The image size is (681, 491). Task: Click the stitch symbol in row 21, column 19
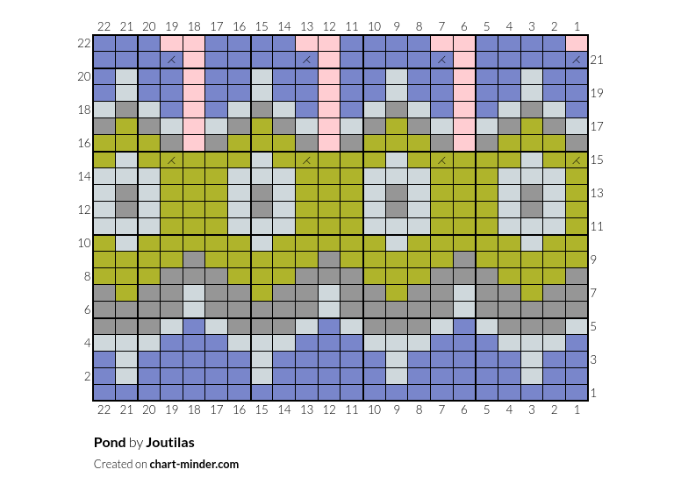tap(171, 60)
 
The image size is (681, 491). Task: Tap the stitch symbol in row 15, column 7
tap(441, 160)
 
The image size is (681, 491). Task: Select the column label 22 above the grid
tap(104, 26)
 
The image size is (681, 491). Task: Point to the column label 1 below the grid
tap(577, 409)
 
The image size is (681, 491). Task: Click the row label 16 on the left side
tap(84, 143)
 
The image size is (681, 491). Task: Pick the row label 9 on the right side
tap(593, 260)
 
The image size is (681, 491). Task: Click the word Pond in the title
tap(110, 443)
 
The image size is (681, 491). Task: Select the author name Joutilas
tap(170, 443)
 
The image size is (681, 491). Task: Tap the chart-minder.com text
tap(194, 464)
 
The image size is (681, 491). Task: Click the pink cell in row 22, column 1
tap(577, 43)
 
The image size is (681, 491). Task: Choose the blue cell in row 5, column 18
tap(194, 327)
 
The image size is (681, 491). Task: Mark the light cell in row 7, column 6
tap(464, 293)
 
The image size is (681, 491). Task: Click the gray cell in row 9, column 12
tap(329, 260)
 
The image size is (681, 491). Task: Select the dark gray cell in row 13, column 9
tap(397, 193)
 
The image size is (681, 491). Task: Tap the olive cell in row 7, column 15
tap(262, 293)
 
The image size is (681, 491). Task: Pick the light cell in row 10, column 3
tap(532, 243)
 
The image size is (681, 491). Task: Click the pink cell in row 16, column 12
tap(329, 143)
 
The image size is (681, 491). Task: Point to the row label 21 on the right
tap(596, 60)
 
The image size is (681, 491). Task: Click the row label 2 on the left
tap(87, 376)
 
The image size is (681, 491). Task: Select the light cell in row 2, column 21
tap(126, 376)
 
